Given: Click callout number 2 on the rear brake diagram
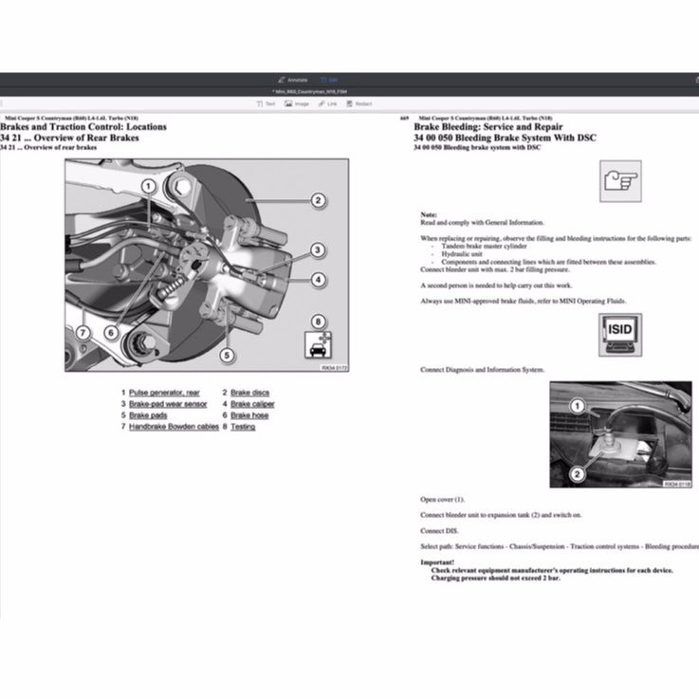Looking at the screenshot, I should [318, 200].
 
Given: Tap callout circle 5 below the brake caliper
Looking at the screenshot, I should [227, 357].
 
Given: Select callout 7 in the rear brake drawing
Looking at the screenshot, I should [83, 333].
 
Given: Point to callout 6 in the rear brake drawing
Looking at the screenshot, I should [111, 333].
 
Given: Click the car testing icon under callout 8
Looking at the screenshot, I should [318, 346].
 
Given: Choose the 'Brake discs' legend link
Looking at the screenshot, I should [249, 392].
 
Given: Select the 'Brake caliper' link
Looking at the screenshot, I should [252, 404].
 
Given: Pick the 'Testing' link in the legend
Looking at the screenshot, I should [243, 427].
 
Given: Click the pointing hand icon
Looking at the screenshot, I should [619, 180].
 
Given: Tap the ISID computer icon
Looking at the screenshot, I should [619, 335].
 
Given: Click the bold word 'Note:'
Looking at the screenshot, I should [429, 214].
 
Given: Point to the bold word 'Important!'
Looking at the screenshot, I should [437, 561].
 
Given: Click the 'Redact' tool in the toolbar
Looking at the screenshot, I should [359, 103].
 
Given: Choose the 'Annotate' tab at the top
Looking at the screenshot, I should [293, 80].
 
